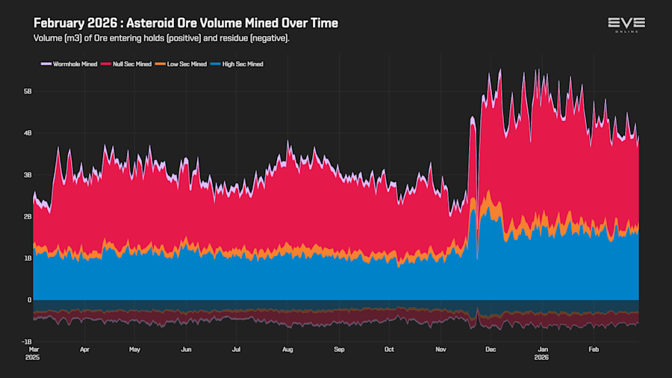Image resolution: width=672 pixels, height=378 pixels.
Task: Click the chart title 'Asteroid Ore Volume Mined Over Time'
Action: (x=186, y=23)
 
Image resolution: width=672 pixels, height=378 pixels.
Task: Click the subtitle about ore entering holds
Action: (x=161, y=38)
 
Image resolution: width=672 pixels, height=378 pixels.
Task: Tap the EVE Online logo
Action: (x=626, y=25)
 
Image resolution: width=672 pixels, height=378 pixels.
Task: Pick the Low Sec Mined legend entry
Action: (x=183, y=64)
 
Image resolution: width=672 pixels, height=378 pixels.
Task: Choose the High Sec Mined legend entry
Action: (x=238, y=64)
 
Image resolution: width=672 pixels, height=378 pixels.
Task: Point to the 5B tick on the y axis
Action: (x=28, y=91)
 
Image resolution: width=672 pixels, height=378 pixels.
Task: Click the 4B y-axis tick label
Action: (x=28, y=133)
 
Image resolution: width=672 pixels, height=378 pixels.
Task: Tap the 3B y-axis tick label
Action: (x=28, y=175)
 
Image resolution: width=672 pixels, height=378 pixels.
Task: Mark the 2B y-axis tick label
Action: (x=28, y=217)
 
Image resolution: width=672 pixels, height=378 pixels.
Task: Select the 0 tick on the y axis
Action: (x=29, y=300)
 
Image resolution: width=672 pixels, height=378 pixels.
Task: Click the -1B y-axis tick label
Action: (x=27, y=341)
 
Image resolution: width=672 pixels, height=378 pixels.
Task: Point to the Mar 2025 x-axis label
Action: (x=34, y=353)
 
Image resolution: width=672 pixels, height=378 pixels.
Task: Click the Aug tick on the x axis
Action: (x=288, y=349)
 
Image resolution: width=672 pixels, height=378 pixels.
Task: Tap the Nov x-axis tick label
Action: (x=441, y=349)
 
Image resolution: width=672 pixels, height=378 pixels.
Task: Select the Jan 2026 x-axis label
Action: (x=543, y=353)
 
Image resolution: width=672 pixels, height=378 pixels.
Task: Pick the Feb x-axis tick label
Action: (x=594, y=349)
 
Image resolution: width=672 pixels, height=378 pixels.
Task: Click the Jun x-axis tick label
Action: (x=186, y=349)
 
